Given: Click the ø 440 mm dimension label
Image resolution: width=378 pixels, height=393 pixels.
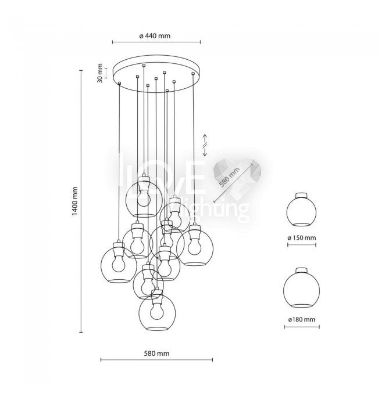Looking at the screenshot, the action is (155, 36).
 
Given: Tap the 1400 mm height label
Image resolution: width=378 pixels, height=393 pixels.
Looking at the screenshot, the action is (75, 201).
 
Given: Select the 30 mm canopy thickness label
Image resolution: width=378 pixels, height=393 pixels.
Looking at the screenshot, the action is (99, 73).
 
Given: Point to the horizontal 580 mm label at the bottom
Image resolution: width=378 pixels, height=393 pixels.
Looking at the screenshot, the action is (156, 354).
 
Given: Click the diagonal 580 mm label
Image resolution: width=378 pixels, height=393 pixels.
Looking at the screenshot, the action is (230, 177).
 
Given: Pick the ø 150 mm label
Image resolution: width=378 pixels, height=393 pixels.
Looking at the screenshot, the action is (302, 237).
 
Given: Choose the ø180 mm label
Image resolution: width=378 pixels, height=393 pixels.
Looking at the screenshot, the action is (302, 319).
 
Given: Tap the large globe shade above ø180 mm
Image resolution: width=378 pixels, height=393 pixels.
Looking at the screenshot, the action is (301, 289).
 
